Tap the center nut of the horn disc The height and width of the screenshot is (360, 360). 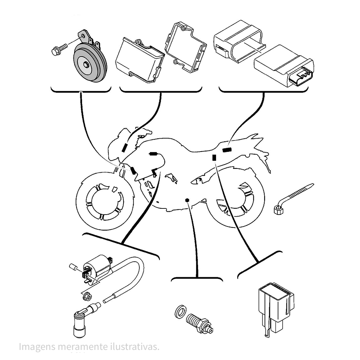[87, 65]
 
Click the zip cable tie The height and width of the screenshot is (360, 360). [293, 198]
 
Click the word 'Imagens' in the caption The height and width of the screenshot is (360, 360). [35, 347]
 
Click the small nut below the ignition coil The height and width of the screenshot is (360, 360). [86, 297]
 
